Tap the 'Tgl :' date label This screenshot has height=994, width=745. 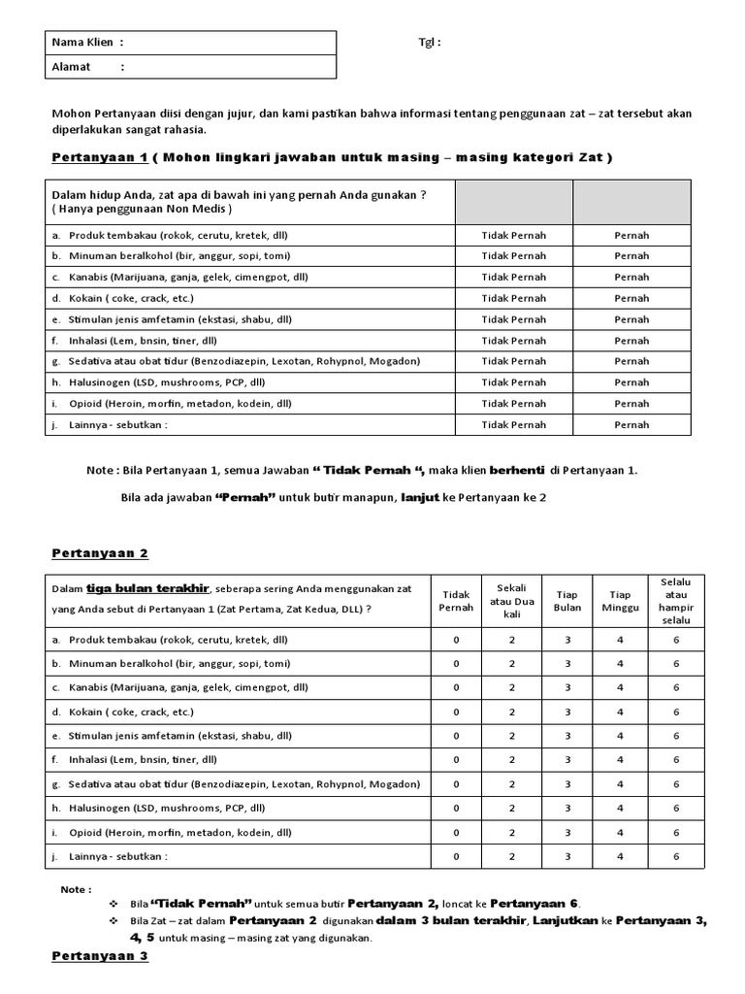click(429, 43)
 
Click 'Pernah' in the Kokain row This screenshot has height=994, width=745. click(632, 298)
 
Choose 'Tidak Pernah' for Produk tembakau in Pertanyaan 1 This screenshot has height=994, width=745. click(513, 235)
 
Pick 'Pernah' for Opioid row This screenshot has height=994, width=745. click(632, 403)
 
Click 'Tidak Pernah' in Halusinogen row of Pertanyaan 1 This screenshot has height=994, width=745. click(513, 382)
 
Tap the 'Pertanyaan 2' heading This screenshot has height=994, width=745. click(100, 552)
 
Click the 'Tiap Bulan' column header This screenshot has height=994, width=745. click(567, 601)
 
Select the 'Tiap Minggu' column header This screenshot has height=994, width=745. click(620, 601)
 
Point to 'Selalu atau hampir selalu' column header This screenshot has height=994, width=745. click(676, 601)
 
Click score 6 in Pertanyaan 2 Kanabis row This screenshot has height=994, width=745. click(676, 686)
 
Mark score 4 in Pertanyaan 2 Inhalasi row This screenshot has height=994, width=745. click(620, 760)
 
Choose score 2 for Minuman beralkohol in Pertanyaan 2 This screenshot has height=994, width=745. click(511, 664)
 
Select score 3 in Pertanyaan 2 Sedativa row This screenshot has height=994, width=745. click(567, 783)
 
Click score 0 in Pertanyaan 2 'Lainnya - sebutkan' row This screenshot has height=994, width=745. click(457, 856)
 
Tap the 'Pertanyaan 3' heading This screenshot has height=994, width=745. click(100, 956)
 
